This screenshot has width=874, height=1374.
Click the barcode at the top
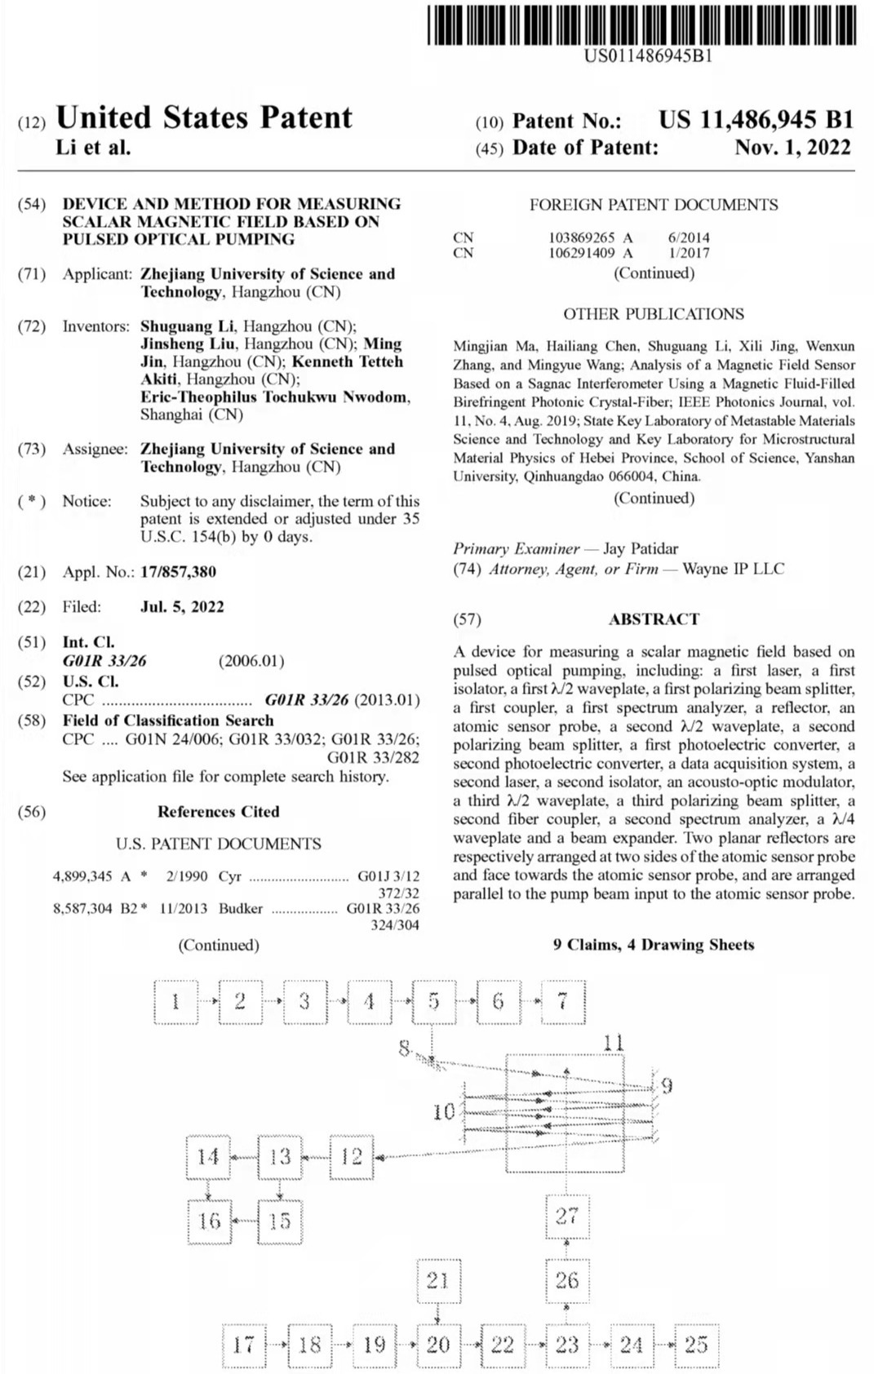coord(641,24)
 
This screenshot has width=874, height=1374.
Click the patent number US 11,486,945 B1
coord(756,121)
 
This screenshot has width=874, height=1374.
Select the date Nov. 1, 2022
coord(792,148)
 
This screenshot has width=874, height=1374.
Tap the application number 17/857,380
coord(178,572)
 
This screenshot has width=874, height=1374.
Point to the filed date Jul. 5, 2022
coord(182,607)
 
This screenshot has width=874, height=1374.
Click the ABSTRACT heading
coord(654,619)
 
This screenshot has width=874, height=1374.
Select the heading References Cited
coord(218,812)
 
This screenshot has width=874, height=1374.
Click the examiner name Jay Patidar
coord(641,549)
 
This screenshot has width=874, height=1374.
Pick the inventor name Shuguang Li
coord(187,326)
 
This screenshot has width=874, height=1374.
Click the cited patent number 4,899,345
coord(82,876)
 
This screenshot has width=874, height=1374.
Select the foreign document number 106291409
coord(581,253)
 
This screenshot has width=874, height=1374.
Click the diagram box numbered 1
coord(175,1001)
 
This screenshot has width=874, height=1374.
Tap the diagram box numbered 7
coord(563,1001)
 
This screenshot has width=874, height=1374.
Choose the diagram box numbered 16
coord(209,1221)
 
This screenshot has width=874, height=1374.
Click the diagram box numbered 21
coord(438,1280)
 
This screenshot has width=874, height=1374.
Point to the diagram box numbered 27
coord(566,1216)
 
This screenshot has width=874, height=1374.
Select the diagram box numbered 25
coord(695,1345)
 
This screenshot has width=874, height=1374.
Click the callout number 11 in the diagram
coord(614,1042)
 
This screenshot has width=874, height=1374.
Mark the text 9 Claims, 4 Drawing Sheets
coord(653,945)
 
